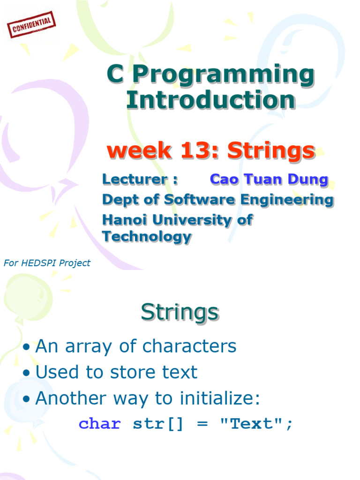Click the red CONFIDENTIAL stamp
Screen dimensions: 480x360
(32, 25)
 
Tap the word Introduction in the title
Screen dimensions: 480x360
(210, 100)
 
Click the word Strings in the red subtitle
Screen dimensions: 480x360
(271, 150)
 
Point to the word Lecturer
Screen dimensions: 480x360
(135, 179)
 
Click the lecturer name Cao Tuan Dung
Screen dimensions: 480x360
(269, 179)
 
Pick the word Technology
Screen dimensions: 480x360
(147, 236)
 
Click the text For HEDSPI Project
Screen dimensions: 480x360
(47, 263)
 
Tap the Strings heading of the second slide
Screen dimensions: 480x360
(180, 312)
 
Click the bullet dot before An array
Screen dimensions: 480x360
(27, 347)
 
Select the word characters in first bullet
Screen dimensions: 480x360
(189, 346)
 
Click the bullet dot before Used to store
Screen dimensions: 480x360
(27, 373)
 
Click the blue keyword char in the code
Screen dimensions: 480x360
(99, 424)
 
